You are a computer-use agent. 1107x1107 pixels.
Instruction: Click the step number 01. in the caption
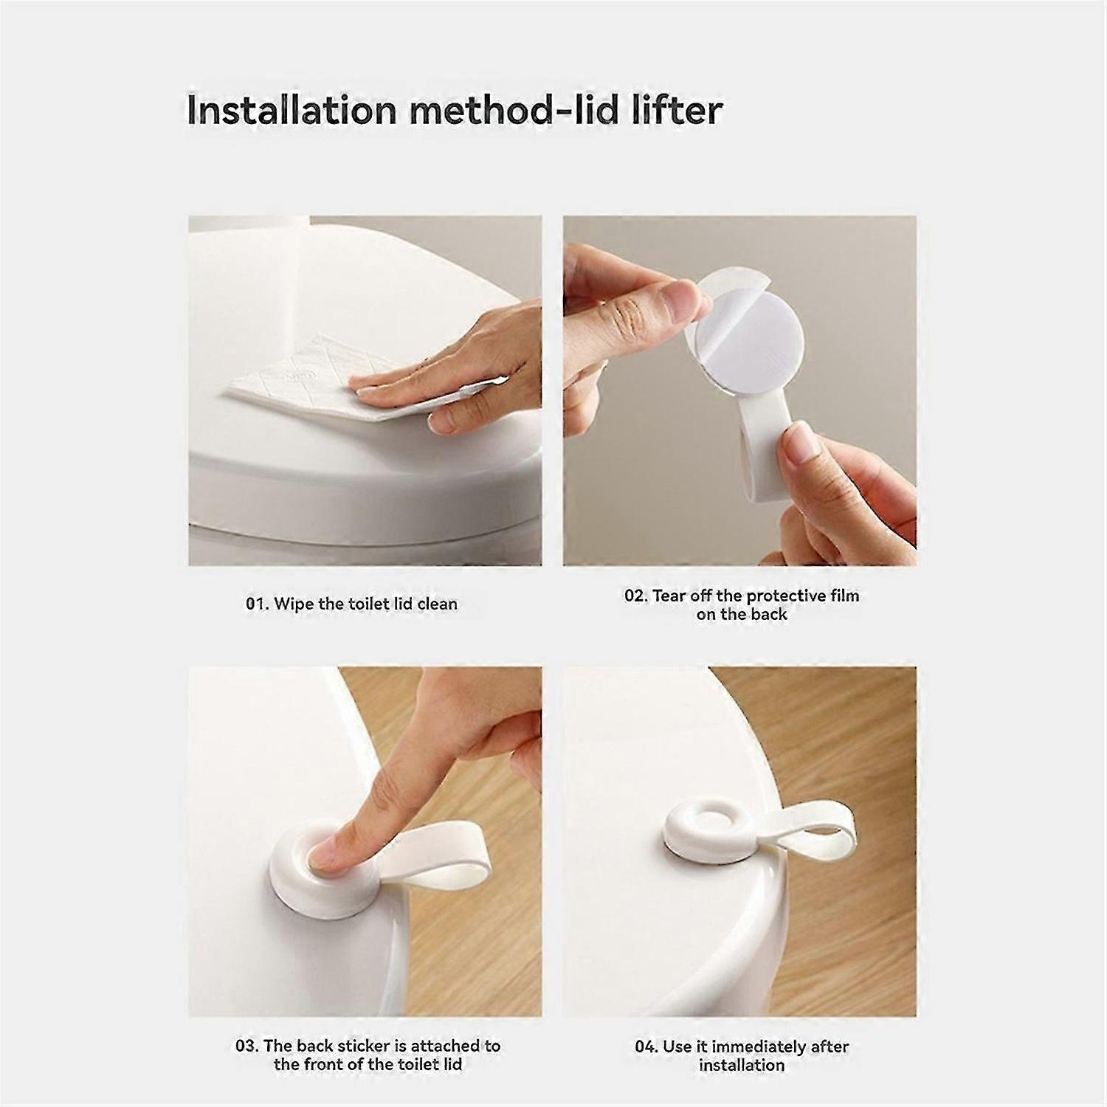pos(258,604)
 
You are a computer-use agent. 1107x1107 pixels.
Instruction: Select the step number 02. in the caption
pos(636,596)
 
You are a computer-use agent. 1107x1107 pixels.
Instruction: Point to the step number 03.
pos(247,1046)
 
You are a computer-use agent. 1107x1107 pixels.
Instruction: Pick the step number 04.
pos(646,1046)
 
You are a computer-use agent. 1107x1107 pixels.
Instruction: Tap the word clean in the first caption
pos(438,604)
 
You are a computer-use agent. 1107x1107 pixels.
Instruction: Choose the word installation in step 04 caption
pos(742,1065)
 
